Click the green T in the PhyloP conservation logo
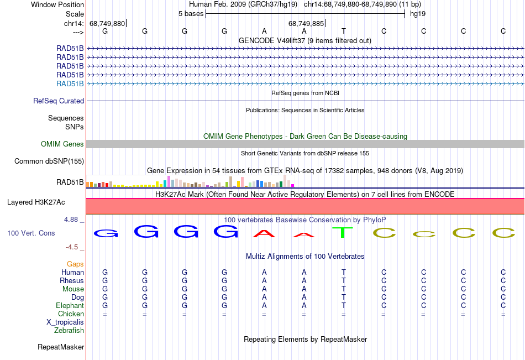[x=343, y=232]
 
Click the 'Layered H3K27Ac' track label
[x=36, y=202]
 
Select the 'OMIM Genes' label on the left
[x=62, y=144]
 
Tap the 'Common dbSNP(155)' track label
[x=49, y=161]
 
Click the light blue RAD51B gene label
[x=70, y=84]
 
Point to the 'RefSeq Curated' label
[x=59, y=101]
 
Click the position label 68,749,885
[x=306, y=23]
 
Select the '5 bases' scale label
[x=191, y=14]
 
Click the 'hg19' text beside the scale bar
[x=418, y=14]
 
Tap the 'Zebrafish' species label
[x=69, y=331]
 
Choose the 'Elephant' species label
[x=70, y=305]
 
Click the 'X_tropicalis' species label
[x=65, y=322]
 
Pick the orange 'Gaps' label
[x=75, y=264]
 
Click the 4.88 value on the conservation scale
[x=71, y=219]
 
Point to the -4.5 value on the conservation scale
[x=72, y=247]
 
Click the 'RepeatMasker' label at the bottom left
[x=61, y=347]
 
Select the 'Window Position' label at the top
[x=57, y=4]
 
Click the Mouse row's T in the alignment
[x=344, y=289]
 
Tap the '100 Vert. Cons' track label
[x=31, y=233]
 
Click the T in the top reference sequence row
[x=344, y=31]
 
